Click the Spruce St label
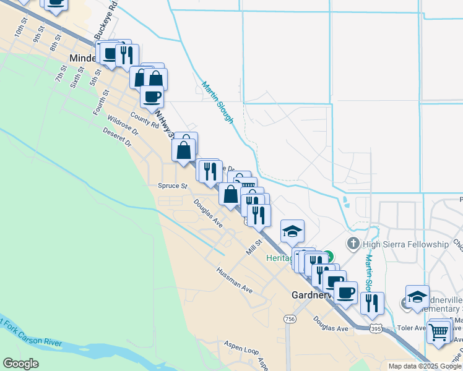tap(173, 185)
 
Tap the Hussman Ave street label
tap(235, 280)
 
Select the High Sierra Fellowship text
tap(406, 244)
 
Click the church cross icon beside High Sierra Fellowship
tap(353, 243)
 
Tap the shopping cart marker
tap(439, 332)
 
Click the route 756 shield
tap(290, 318)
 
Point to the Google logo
tap(20, 364)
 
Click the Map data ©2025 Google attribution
tap(425, 366)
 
